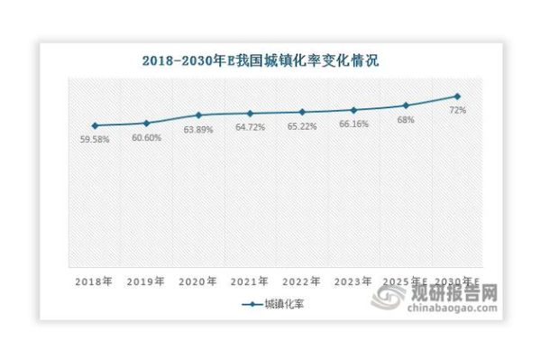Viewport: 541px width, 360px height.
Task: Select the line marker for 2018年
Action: [94, 125]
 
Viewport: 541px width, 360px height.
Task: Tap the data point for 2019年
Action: [145, 123]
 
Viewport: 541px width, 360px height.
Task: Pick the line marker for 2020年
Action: [197, 115]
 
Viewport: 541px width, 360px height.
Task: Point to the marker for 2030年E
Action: [457, 96]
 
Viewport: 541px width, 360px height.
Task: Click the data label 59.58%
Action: [94, 140]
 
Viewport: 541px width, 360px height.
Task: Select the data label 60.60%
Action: [145, 137]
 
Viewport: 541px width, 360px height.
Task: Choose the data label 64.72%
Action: [250, 127]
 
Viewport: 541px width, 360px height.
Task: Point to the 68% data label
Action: [406, 119]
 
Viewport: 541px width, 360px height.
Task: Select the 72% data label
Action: [457, 110]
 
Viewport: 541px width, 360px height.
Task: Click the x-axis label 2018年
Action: [94, 282]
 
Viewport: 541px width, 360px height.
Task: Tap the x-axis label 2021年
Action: [250, 282]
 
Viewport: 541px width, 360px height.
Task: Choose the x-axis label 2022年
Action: [301, 282]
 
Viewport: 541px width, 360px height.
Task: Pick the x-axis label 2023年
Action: [353, 282]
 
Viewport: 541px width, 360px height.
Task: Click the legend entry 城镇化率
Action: [279, 305]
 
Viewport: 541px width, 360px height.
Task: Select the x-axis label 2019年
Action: [145, 282]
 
